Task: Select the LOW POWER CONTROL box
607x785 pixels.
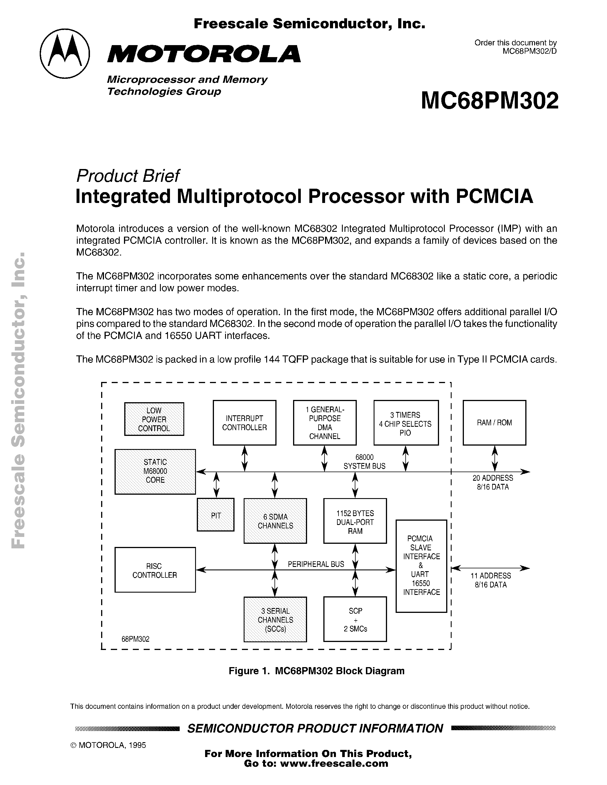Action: pos(154,419)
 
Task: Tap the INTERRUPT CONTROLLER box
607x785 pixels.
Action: pos(244,423)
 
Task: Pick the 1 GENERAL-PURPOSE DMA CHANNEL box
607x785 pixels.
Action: pos(324,423)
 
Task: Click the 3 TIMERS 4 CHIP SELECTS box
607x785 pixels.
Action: pos(406,423)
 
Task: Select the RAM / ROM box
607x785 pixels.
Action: pos(494,423)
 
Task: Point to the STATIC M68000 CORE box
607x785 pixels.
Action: pos(155,471)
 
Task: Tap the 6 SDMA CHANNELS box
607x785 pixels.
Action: pos(275,521)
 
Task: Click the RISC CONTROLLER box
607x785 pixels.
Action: pos(155,570)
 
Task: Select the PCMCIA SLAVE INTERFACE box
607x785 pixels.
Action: pos(421,565)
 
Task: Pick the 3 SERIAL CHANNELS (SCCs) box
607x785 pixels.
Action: pos(275,620)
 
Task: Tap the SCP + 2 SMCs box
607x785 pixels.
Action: pos(355,620)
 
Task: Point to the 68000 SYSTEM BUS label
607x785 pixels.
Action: pos(364,462)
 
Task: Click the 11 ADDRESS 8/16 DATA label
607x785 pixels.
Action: pos(491,580)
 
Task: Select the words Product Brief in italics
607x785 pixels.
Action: pos(128,176)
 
